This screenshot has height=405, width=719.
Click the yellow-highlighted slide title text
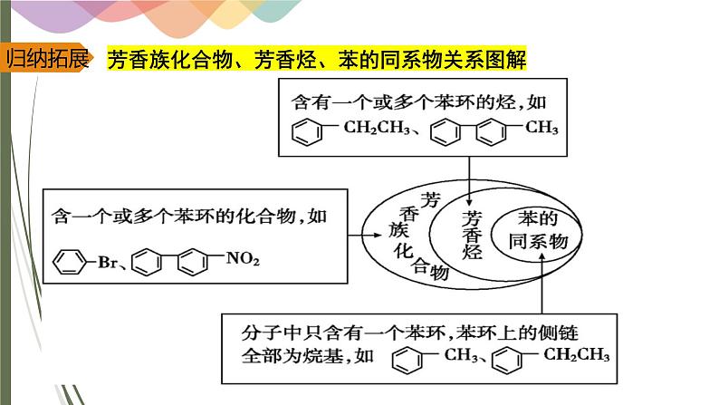click(317, 61)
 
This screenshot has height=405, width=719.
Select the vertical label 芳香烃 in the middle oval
click(472, 236)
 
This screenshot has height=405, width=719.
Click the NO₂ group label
click(242, 260)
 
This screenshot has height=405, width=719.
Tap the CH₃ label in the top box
click(542, 128)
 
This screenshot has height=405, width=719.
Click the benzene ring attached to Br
click(69, 263)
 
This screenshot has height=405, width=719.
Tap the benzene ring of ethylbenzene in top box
click(308, 132)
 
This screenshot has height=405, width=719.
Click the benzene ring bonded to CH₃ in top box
click(493, 131)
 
